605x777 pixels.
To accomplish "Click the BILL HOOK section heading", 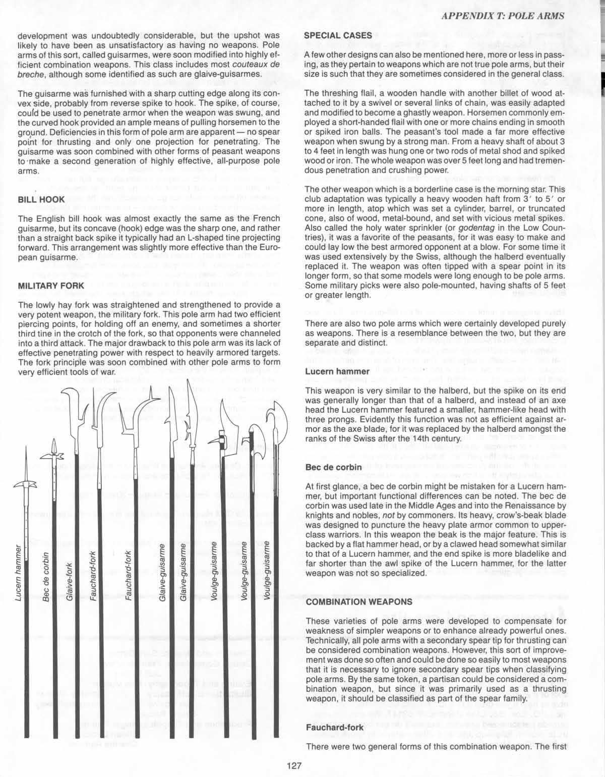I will [x=41, y=199].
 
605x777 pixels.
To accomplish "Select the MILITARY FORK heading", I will [x=48, y=286].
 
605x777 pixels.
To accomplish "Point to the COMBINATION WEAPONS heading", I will [x=358, y=602].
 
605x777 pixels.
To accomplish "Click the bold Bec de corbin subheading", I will [x=333, y=467].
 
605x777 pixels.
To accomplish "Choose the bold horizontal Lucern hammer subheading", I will [x=337, y=372].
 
